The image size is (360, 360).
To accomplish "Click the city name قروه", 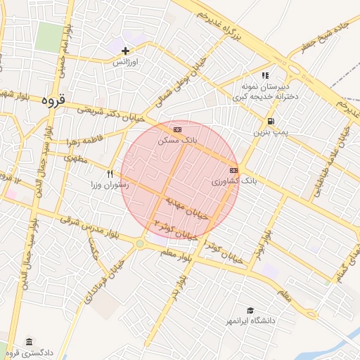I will coord(53,100).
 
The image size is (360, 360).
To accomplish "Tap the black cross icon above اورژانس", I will coord(126,51).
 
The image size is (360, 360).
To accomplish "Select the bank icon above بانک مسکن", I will coord(176,130).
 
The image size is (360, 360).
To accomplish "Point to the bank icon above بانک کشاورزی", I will coord(233,170).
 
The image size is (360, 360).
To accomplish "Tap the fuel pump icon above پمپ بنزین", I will coord(271,121).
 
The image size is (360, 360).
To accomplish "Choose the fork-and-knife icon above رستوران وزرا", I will coord(110,174).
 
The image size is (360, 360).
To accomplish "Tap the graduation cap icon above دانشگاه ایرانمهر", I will coord(250,310).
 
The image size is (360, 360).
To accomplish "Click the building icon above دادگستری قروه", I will coord(29,342).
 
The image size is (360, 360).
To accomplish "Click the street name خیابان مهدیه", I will coord(188,209).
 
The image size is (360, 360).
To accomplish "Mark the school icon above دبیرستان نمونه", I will coord(264,75).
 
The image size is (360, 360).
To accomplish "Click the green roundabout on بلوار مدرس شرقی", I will coord(140,244).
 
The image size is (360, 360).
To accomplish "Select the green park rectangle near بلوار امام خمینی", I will coord(49,35).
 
